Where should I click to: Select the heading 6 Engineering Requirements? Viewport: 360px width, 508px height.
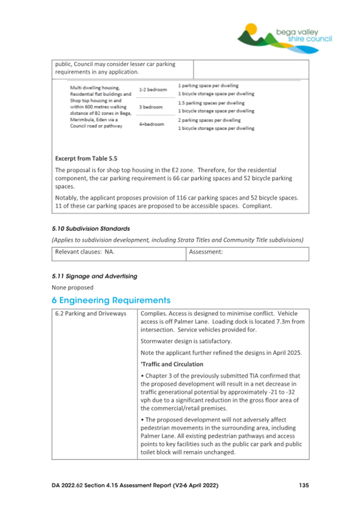[111, 300]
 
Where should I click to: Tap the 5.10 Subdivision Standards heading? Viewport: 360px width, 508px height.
[91, 229]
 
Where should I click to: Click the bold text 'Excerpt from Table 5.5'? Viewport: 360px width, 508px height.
[86, 158]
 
